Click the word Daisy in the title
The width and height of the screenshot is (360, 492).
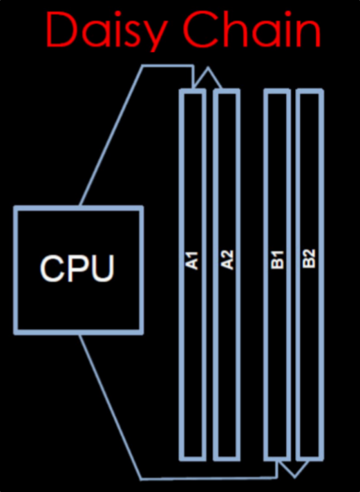[106, 30]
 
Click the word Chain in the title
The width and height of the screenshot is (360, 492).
[252, 29]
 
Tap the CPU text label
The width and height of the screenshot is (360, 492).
[77, 268]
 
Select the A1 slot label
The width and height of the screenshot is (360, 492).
[192, 261]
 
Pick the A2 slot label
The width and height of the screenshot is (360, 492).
[227, 260]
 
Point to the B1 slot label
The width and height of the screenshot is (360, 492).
[277, 260]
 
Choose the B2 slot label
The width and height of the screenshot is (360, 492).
[310, 258]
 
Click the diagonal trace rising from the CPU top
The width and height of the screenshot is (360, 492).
[111, 135]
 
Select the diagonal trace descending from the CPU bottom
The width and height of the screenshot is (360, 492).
[110, 406]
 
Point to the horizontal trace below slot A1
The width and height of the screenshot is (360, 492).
[209, 479]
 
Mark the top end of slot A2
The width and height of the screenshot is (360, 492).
[227, 91]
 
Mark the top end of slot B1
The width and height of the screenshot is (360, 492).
[277, 91]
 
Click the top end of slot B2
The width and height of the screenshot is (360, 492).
[310, 91]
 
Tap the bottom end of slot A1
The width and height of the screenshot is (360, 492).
[192, 459]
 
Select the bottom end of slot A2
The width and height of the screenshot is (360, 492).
[227, 459]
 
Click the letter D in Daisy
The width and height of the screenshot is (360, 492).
[62, 30]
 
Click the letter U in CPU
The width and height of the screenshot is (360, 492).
[103, 269]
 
